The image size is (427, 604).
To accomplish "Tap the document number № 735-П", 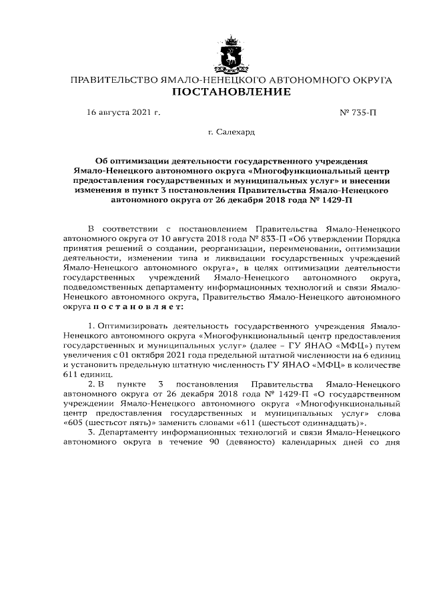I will pos(358,113).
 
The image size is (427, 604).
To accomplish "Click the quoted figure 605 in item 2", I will pos(75,423).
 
